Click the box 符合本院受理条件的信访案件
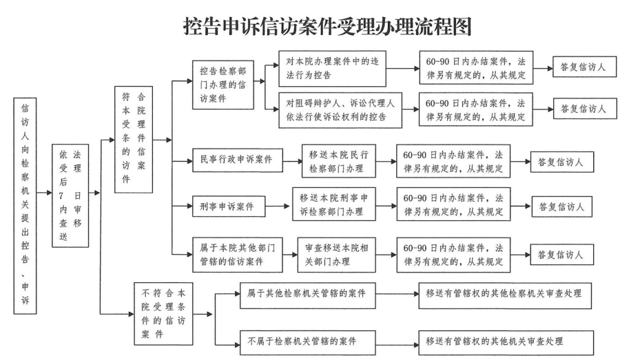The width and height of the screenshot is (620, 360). tap(134, 139)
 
